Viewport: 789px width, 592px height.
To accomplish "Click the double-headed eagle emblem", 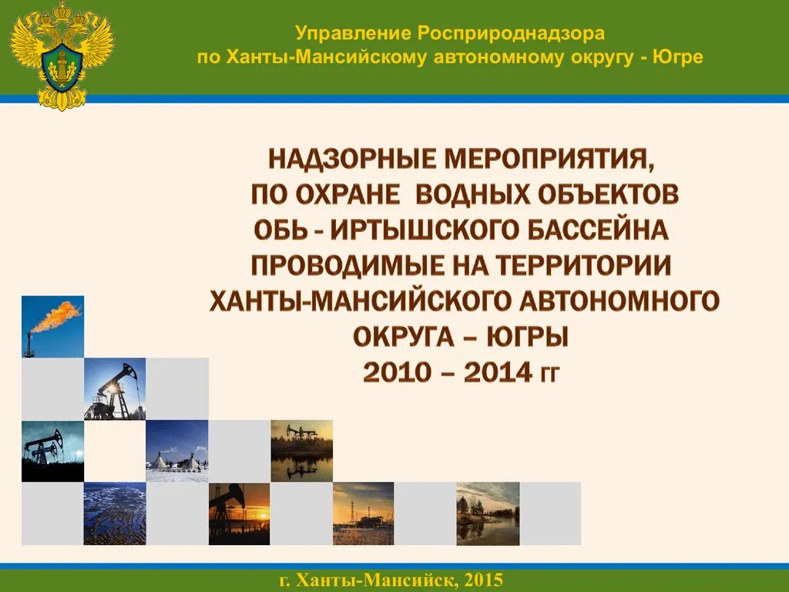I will (x=62, y=54).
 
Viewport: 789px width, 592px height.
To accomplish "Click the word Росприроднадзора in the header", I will (x=512, y=33).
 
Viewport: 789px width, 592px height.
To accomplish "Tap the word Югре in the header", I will (x=678, y=58).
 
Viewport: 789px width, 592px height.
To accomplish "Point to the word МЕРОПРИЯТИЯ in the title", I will (x=551, y=160).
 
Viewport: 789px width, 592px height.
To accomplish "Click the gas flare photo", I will (x=52, y=327).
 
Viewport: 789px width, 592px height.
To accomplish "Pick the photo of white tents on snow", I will (x=176, y=451).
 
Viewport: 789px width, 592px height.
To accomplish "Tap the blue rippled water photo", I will (x=114, y=513).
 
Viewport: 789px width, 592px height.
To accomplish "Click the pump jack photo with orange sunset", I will (x=239, y=513).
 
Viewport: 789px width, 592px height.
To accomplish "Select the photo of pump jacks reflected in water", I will (x=301, y=451).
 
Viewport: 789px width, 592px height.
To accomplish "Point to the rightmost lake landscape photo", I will (x=488, y=513).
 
